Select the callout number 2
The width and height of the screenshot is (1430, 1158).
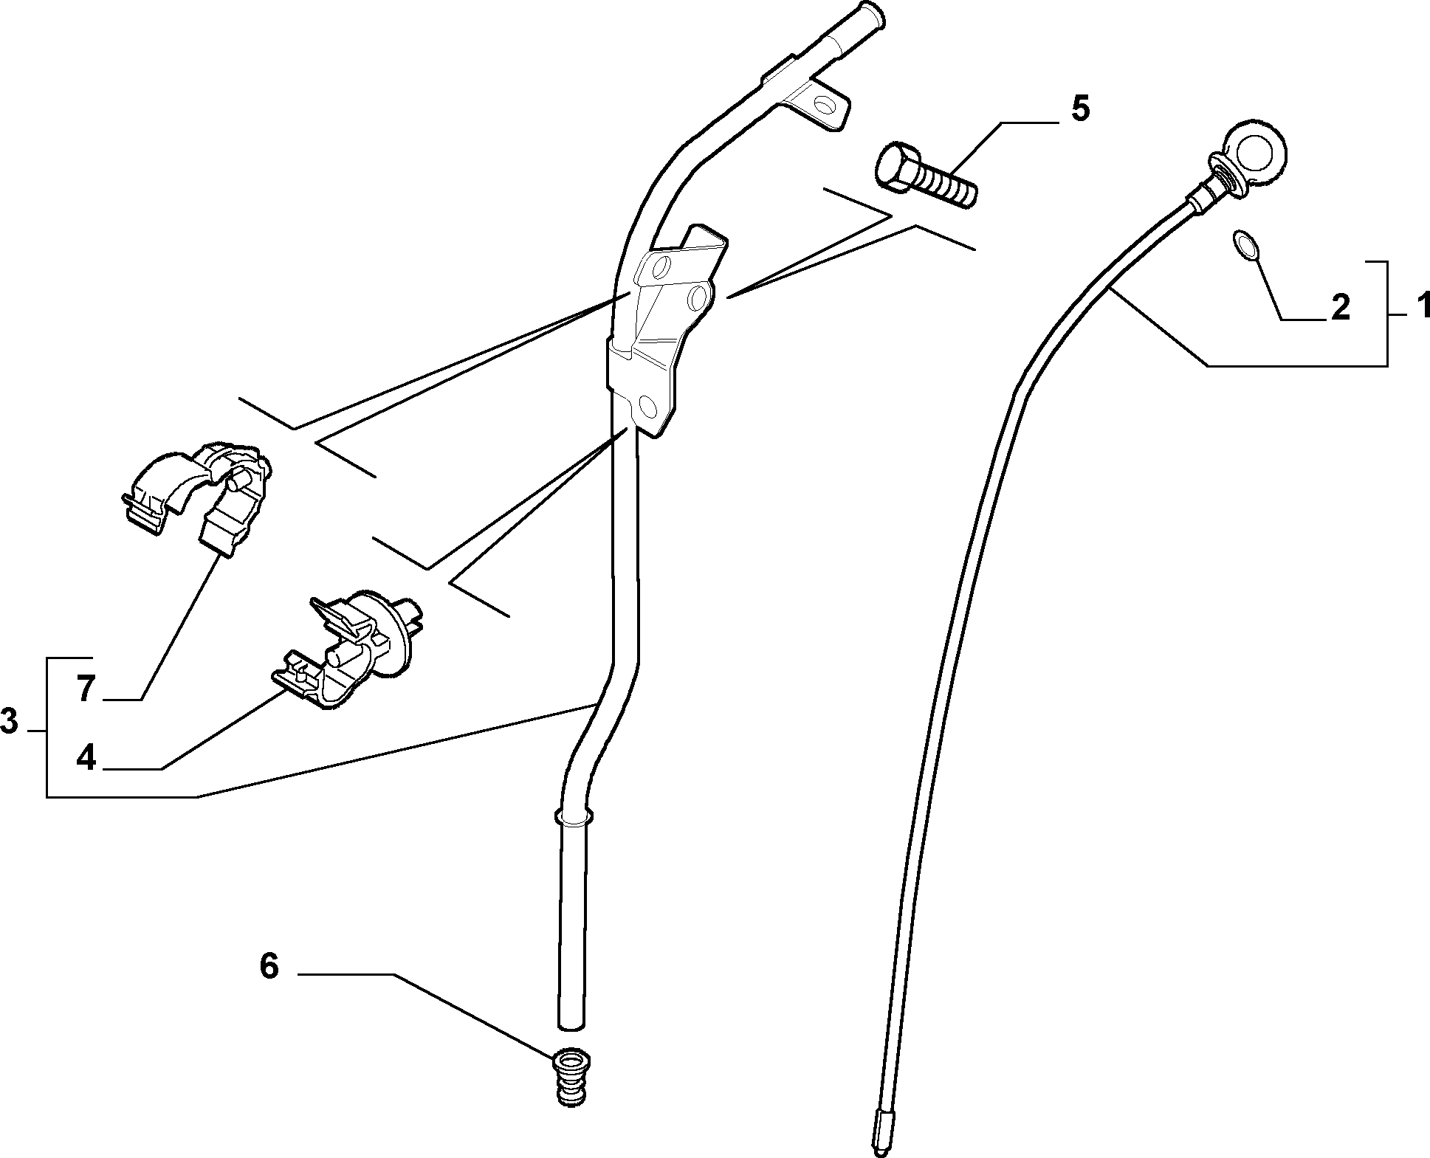click(x=1339, y=307)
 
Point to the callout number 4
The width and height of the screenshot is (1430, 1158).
click(x=86, y=757)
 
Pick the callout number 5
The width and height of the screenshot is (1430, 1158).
click(x=1079, y=108)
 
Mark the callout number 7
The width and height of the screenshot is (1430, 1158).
click(x=86, y=689)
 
